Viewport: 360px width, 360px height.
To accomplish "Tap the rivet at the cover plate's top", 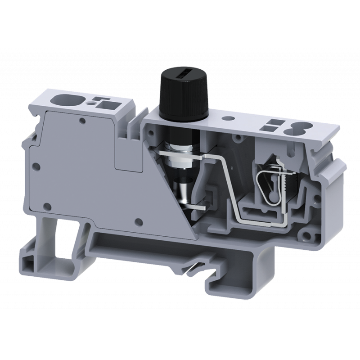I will coord(82,121).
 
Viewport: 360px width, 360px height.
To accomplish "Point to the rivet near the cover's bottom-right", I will coord(139,221).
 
